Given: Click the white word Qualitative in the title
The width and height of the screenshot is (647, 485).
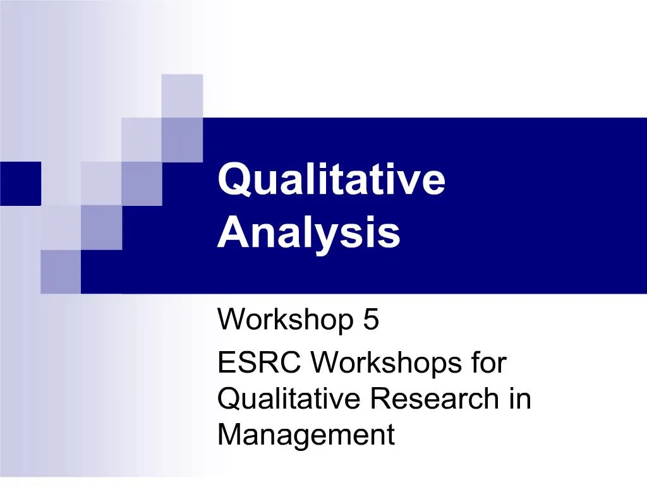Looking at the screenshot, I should (331, 180).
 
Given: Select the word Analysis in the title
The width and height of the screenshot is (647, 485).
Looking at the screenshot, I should (309, 232).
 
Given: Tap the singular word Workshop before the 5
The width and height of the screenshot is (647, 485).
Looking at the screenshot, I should (285, 320).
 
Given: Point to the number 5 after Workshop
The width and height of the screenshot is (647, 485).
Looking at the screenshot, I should (371, 320).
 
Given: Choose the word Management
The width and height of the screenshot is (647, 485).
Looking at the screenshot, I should (306, 434).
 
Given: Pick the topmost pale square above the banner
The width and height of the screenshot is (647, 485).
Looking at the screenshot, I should (182, 95).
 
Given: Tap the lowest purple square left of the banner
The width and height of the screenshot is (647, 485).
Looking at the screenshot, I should (61, 272).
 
